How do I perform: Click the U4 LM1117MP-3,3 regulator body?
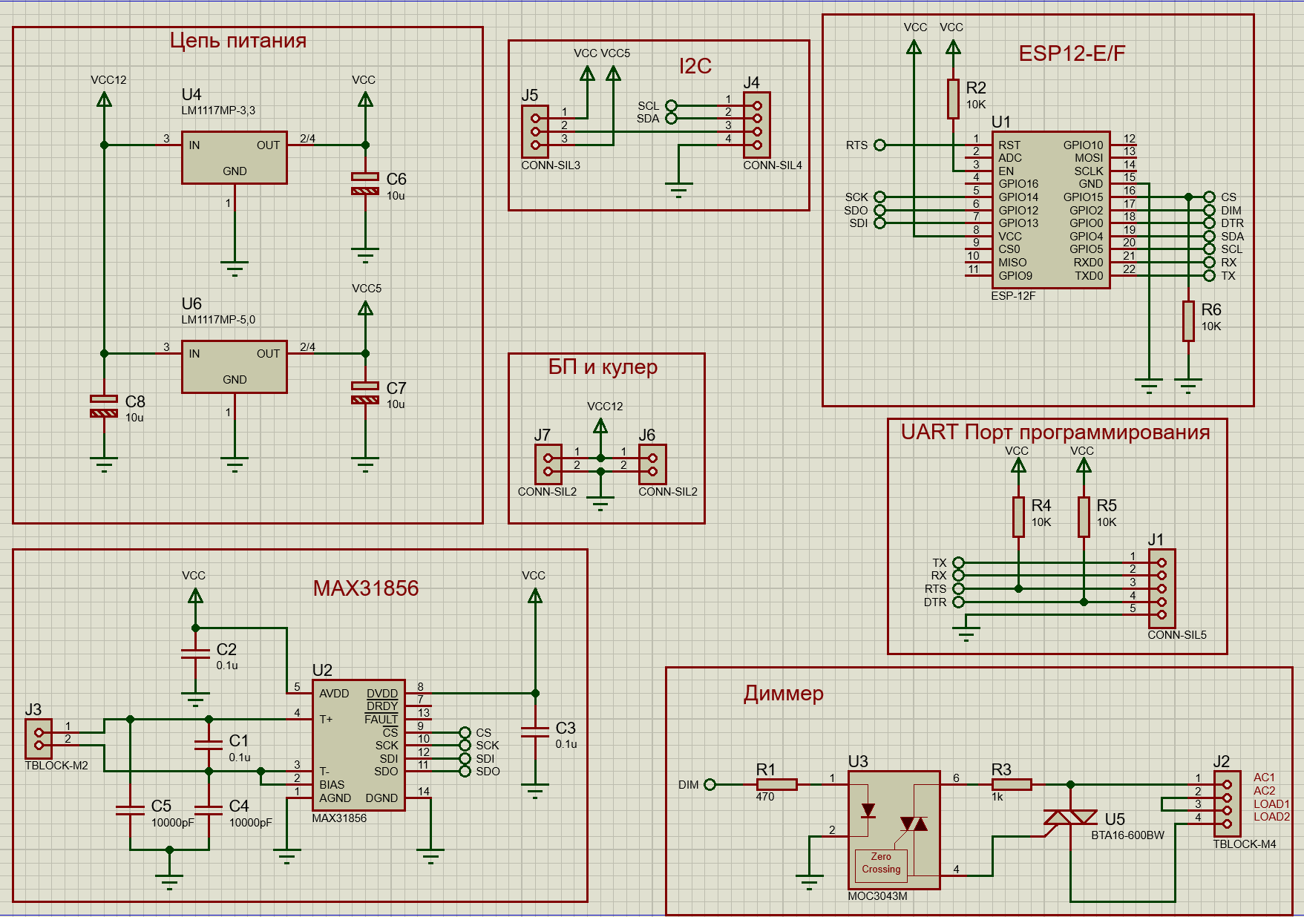click(234, 158)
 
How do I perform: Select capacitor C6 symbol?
click(364, 183)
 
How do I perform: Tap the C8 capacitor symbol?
click(104, 406)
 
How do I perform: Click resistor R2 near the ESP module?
click(953, 99)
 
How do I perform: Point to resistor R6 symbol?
click(1188, 321)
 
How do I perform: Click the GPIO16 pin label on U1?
click(1018, 184)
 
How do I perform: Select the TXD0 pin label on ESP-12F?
click(1089, 276)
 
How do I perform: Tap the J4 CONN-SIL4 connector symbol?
click(756, 125)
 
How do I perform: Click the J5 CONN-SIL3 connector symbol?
click(534, 131)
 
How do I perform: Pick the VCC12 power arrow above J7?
click(600, 426)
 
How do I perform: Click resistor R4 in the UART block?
click(1019, 516)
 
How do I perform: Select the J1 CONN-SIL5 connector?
click(1162, 588)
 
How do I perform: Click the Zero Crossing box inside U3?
click(881, 863)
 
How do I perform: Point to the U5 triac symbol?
click(1070, 817)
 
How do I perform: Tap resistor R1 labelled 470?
click(776, 784)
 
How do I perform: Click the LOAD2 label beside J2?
click(1271, 817)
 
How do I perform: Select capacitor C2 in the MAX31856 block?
click(195, 653)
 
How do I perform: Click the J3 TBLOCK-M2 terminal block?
click(39, 739)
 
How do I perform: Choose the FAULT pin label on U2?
click(381, 720)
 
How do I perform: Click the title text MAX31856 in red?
click(366, 588)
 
